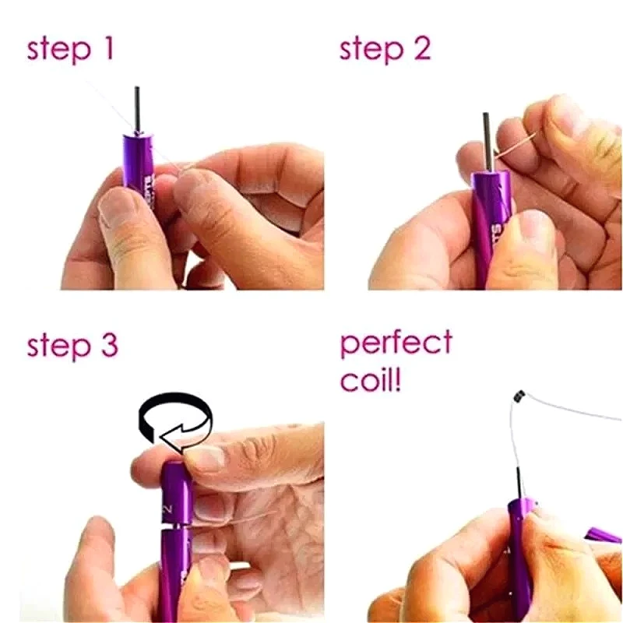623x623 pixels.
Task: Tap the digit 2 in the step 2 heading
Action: coord(421,48)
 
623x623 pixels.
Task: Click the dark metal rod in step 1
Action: coord(137,109)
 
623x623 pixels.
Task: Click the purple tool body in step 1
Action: coord(138,167)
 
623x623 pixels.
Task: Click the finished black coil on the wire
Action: coord(518,398)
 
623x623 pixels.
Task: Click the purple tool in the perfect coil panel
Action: coord(520,561)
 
